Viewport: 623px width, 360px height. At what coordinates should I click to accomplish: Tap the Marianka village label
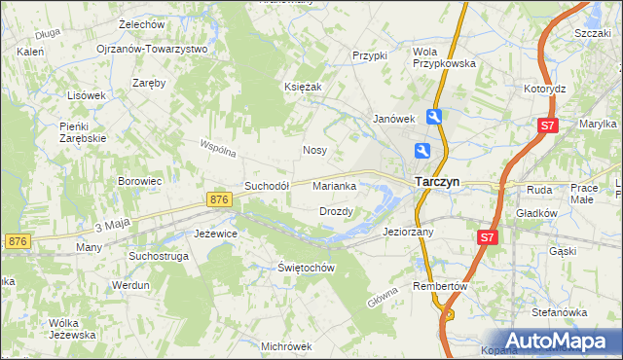point(340,186)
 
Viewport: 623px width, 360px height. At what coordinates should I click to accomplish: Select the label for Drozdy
point(336,211)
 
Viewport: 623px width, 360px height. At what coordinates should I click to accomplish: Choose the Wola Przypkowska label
point(444,57)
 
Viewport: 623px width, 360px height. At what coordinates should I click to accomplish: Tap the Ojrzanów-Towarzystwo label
point(152,49)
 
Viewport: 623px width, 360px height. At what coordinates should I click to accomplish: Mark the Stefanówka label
point(558,312)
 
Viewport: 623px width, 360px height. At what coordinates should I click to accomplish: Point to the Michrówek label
point(286,345)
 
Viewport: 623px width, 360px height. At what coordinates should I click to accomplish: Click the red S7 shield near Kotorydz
point(549,126)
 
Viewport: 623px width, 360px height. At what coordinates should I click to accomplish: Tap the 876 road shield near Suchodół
point(219,199)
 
